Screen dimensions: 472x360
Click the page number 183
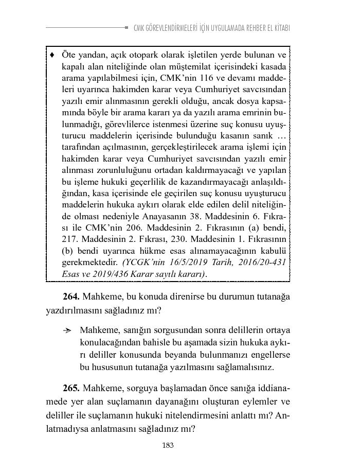pos(167,446)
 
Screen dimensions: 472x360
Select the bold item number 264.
pos(71,297)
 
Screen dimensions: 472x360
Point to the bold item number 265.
pos(71,388)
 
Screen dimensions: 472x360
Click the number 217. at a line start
pos(70,252)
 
